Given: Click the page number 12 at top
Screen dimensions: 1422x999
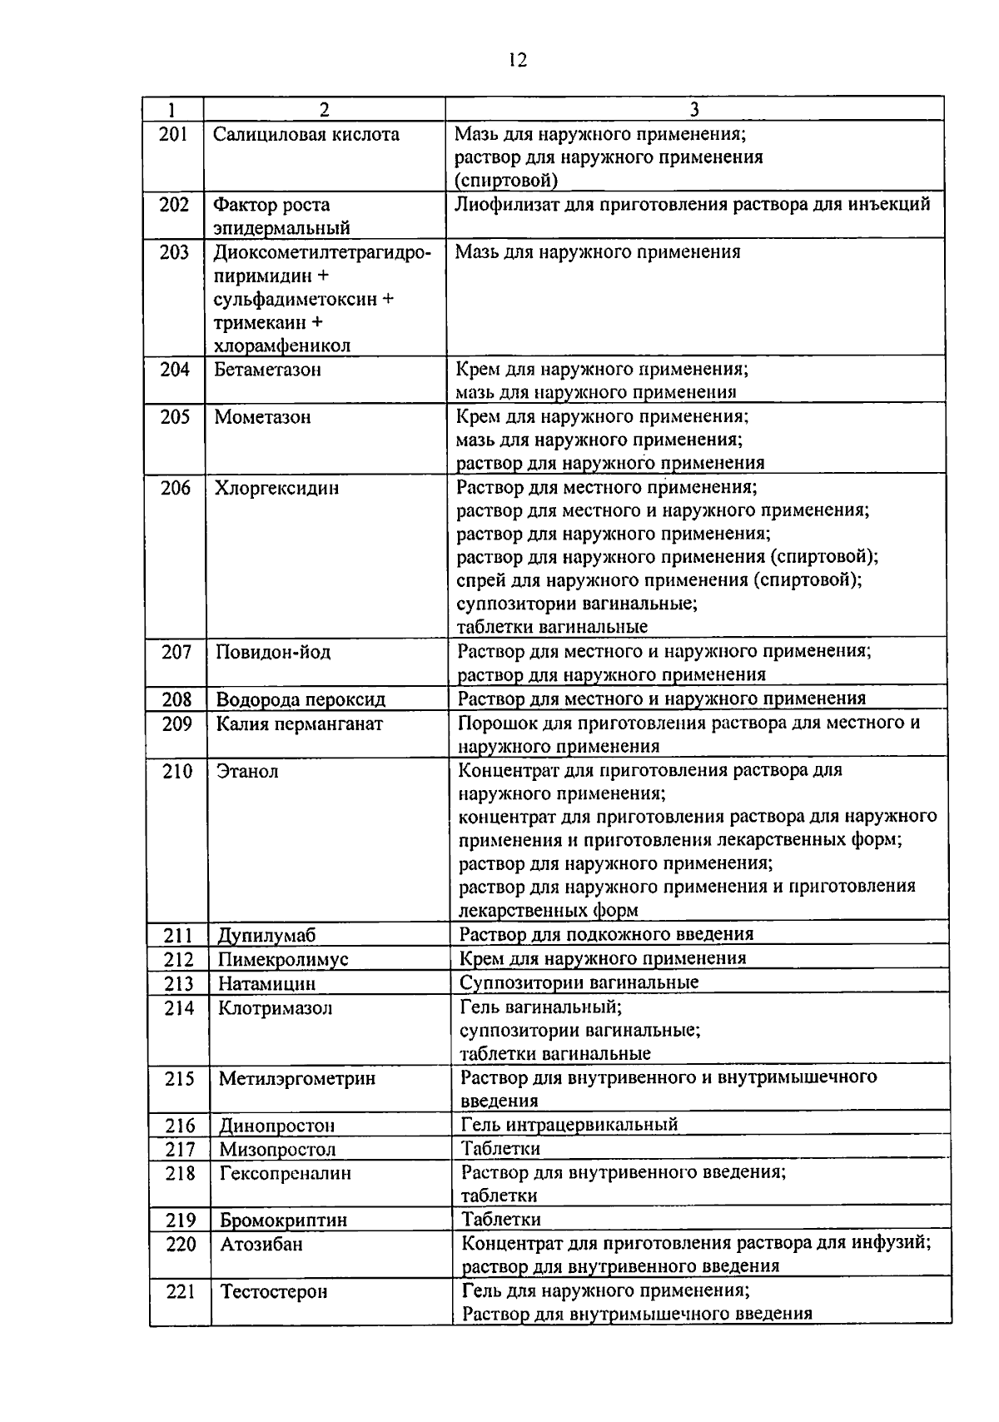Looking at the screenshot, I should coord(516,61).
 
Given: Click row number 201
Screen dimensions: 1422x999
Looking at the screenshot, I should coord(173,134).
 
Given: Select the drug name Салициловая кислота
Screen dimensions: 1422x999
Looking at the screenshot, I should coord(306,134).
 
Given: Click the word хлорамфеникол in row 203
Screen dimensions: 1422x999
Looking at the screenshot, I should coord(282,346).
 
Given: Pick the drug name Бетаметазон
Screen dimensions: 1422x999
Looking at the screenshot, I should coord(267,370).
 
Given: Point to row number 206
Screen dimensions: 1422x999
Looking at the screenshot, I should coord(175,488).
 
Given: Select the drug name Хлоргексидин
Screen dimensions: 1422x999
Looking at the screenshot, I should coord(276,488).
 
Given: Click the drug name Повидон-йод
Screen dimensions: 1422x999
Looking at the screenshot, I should coord(273,652).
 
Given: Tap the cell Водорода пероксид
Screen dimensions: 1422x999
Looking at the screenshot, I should coord(301,699).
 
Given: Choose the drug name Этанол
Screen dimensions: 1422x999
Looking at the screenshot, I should coord(247,771).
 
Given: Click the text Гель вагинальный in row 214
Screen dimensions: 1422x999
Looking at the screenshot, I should coord(540,1007).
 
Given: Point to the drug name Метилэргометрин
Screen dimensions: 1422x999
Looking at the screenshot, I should coord(296,1079).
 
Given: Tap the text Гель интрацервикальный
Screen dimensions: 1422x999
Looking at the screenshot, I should coord(569,1125).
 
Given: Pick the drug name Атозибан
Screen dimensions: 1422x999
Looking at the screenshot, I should coord(261,1245).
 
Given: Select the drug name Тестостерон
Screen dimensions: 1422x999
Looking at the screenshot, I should coord(273,1292).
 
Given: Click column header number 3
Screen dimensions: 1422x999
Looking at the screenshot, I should coord(694,110).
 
